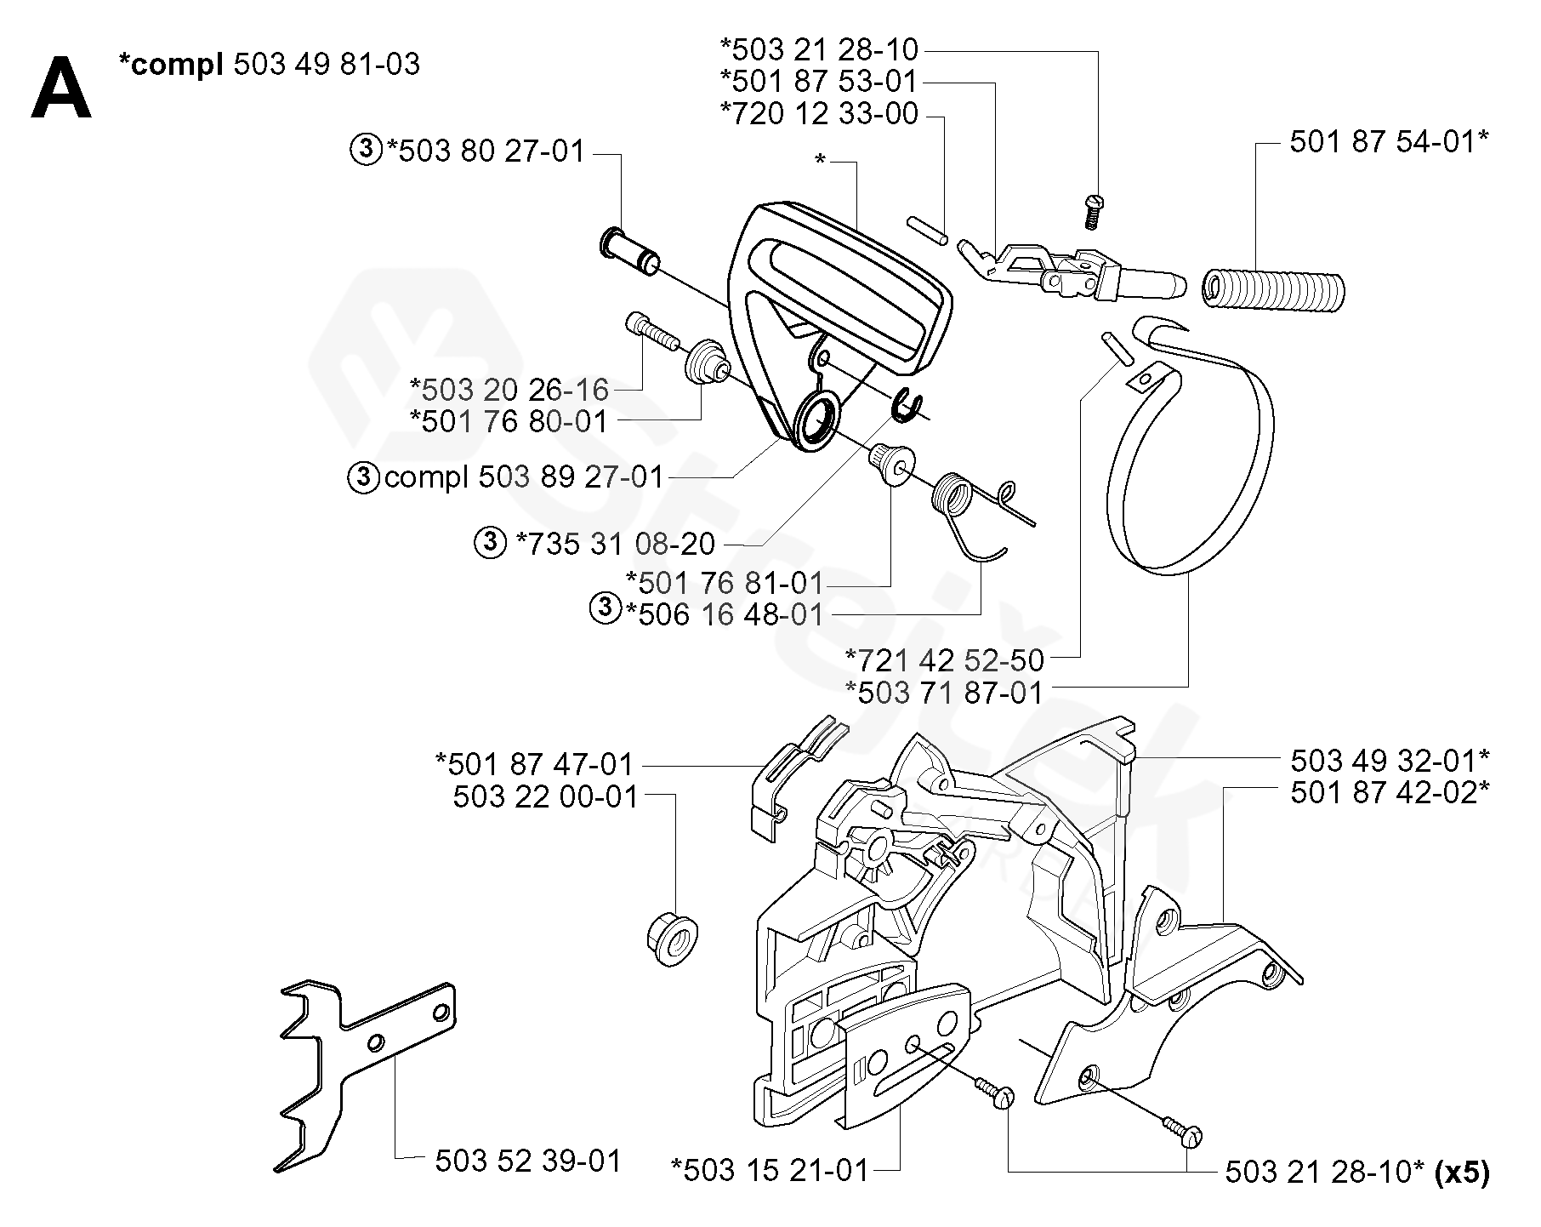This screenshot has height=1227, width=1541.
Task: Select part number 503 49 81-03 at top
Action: [326, 65]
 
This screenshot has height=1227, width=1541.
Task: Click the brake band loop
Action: [1191, 451]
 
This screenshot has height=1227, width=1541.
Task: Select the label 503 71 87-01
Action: [944, 693]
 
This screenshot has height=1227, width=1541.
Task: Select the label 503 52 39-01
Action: [528, 1161]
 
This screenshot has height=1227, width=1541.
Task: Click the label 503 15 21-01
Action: [770, 1170]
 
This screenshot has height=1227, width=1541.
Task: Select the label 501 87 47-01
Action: [535, 764]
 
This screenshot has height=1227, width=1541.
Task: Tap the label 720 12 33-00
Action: [819, 113]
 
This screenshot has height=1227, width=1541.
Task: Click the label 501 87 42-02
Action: [1390, 792]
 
